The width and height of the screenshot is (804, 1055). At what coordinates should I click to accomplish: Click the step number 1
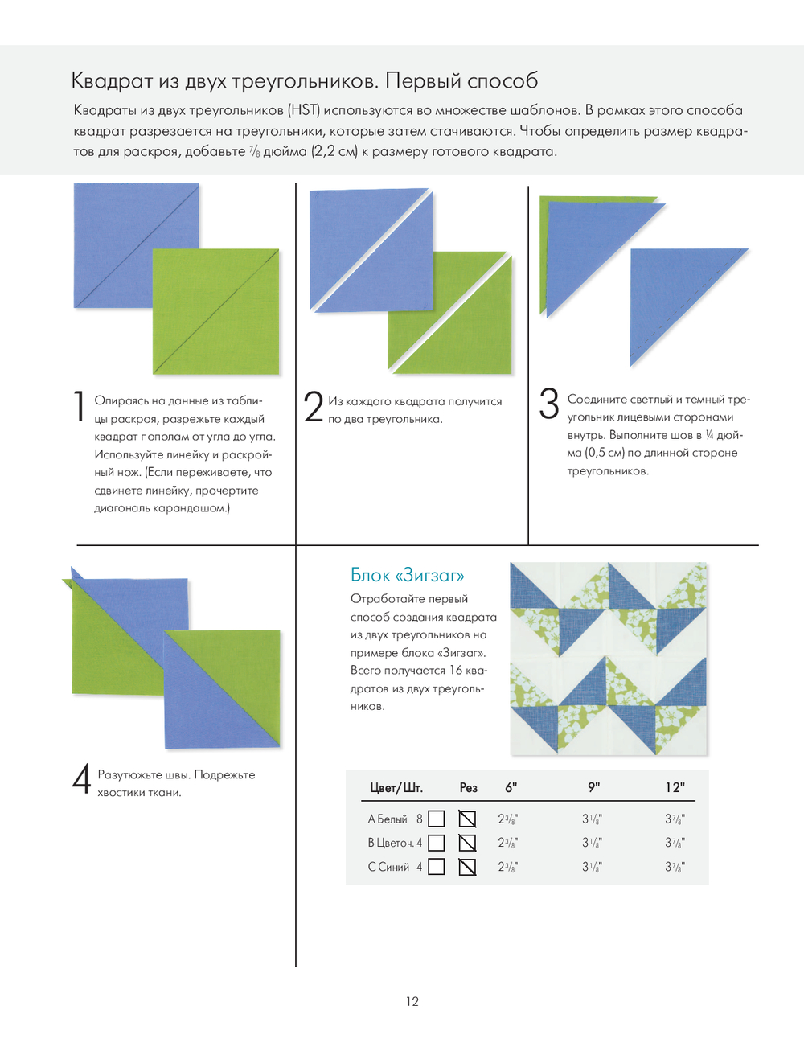click(79, 405)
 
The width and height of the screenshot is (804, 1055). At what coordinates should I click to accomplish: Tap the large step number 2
click(313, 406)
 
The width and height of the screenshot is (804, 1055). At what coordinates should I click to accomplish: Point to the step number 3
click(549, 403)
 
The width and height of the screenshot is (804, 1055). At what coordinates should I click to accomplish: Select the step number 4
click(81, 778)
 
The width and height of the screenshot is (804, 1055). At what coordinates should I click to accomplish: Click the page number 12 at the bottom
click(412, 1001)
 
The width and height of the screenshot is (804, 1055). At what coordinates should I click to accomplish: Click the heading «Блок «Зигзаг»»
click(407, 575)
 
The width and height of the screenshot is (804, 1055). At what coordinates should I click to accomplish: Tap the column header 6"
click(511, 787)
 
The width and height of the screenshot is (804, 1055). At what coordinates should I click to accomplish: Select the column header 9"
click(593, 787)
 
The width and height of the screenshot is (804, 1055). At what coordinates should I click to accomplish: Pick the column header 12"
click(675, 787)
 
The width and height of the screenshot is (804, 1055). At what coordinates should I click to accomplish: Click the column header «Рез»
click(468, 787)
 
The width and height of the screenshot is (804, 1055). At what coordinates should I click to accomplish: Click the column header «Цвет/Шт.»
click(396, 787)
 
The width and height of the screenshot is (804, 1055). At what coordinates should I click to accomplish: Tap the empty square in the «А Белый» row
click(437, 819)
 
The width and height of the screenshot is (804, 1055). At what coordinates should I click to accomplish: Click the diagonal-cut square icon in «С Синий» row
click(467, 867)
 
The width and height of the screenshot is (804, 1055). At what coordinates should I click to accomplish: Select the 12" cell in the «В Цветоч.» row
click(675, 843)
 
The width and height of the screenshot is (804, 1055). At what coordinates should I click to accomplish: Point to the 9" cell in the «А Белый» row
click(592, 819)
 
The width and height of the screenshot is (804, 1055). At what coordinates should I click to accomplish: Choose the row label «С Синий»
click(389, 867)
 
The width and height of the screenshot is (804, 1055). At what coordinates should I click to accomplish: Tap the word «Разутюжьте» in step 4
click(130, 774)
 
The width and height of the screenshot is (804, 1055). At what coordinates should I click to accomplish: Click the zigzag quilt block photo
click(609, 659)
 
